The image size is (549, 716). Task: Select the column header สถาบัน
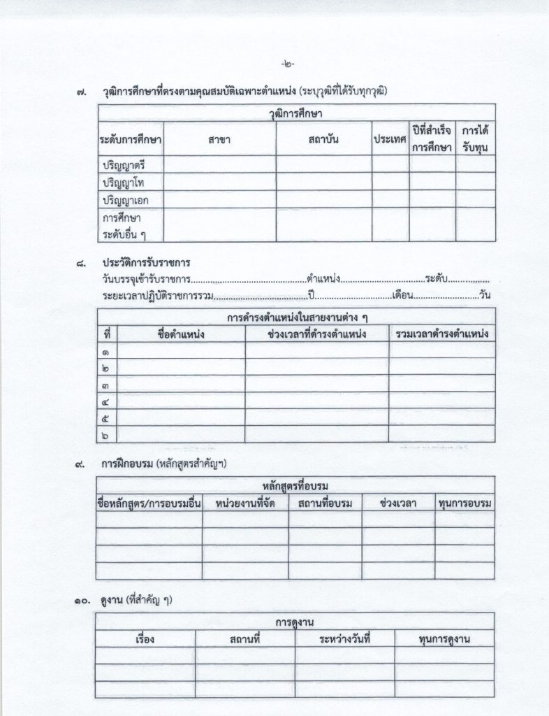point(323,139)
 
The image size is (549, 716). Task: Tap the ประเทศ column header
point(390,139)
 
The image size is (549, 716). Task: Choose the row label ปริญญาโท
point(123,182)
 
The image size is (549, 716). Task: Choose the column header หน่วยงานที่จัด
point(245,503)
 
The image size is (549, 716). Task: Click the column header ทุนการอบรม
point(464,503)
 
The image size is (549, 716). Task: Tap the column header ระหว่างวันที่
point(344,639)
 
